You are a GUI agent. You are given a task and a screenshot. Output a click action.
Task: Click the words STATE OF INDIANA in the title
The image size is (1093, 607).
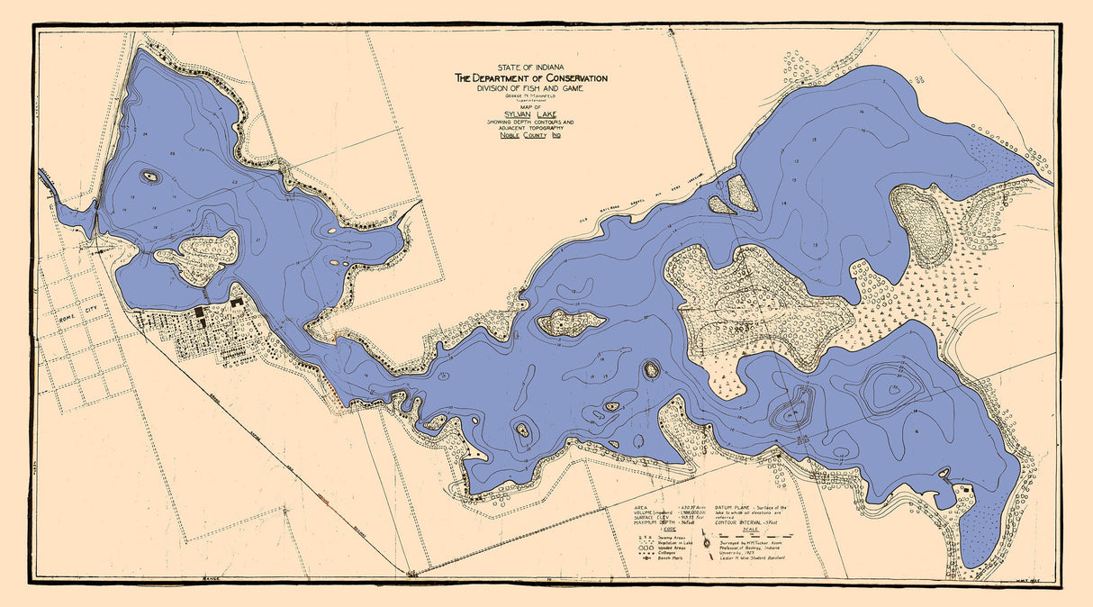[x=530, y=68]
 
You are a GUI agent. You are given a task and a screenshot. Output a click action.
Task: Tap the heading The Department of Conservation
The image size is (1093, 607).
[x=530, y=78]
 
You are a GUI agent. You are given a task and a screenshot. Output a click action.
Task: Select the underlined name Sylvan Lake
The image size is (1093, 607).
[x=530, y=114]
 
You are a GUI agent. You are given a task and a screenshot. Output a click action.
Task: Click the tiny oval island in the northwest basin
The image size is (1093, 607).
[x=150, y=177]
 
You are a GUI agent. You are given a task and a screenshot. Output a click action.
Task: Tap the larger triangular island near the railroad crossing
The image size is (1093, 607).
[x=742, y=192]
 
